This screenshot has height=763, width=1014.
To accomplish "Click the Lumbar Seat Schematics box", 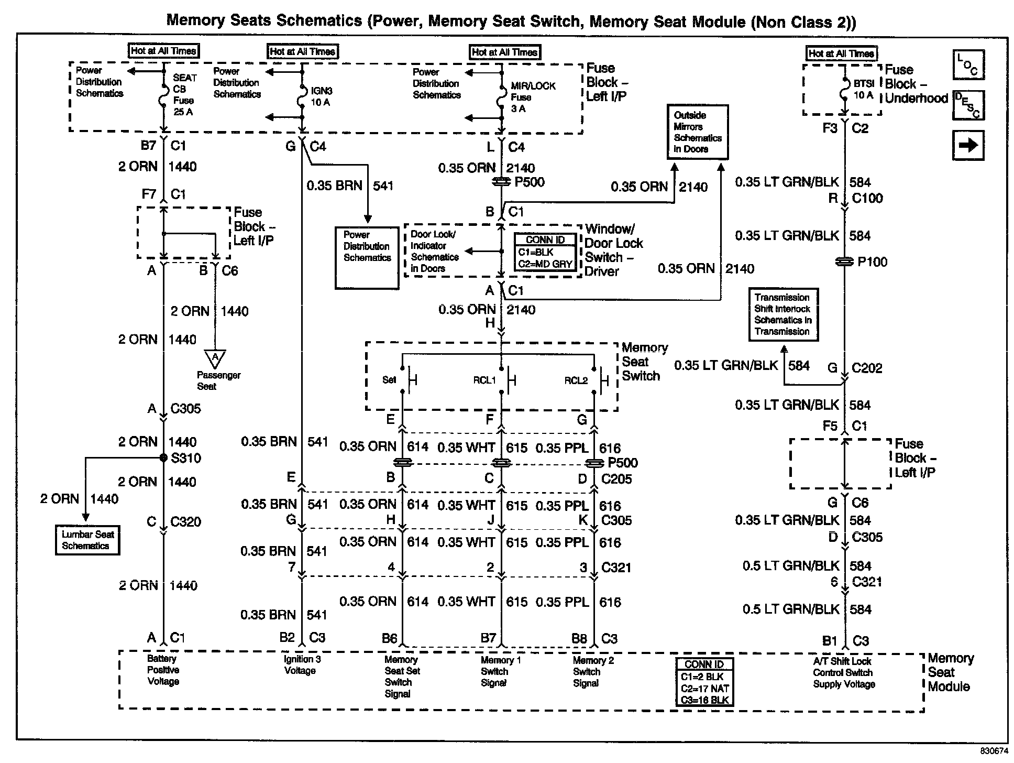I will [x=87, y=540].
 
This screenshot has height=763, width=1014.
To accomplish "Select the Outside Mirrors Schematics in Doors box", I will [x=697, y=132].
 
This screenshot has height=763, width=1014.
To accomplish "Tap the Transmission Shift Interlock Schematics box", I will [x=783, y=314].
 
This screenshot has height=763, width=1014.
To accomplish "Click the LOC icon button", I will [x=968, y=65].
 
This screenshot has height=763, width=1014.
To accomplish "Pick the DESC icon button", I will [x=968, y=105].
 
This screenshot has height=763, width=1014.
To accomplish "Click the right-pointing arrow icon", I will [x=968, y=145].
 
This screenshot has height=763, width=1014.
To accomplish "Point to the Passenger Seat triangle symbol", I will [x=215, y=359].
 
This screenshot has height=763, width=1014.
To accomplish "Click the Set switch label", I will [x=389, y=380].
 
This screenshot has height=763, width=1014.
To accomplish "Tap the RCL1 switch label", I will [x=484, y=380].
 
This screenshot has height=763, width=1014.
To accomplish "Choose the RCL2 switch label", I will [x=576, y=380].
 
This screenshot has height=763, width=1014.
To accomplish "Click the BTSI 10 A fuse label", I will [x=863, y=90].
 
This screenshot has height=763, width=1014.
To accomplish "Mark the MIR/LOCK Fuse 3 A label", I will [x=532, y=97].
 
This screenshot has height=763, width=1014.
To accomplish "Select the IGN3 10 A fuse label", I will [x=321, y=96].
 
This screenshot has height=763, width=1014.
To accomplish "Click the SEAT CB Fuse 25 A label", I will [x=184, y=95].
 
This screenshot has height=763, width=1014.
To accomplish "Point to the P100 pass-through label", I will [x=872, y=262].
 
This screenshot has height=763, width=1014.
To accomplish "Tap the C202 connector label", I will [x=866, y=368].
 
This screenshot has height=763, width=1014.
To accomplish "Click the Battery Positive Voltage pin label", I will [x=163, y=670].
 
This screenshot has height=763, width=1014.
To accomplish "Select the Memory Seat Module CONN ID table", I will [x=704, y=682].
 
